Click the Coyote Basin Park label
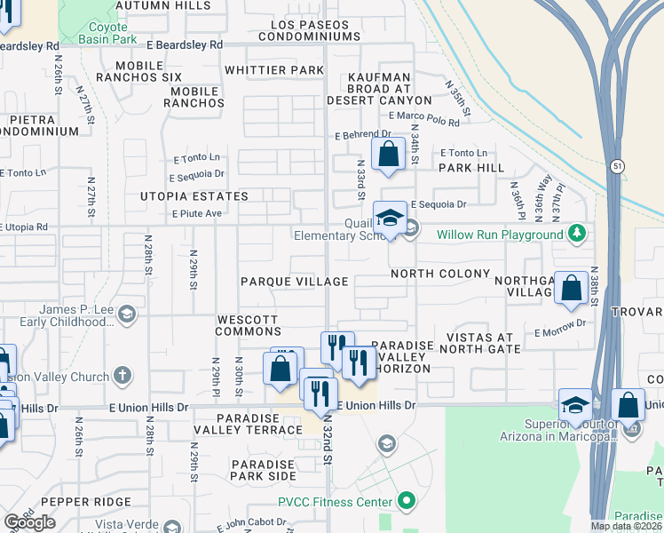(107, 32)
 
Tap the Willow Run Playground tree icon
(578, 234)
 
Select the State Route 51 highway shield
(617, 166)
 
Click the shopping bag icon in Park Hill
(388, 154)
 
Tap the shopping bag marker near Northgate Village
(572, 287)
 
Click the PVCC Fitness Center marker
(407, 502)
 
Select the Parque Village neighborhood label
(295, 282)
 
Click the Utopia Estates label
(193, 195)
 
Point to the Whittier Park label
(274, 70)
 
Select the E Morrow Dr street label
(562, 333)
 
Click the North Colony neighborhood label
(440, 274)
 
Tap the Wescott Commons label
(248, 325)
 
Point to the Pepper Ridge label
(79, 502)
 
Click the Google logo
(30, 522)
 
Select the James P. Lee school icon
(127, 314)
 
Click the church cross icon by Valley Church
(123, 377)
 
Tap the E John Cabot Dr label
(251, 528)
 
